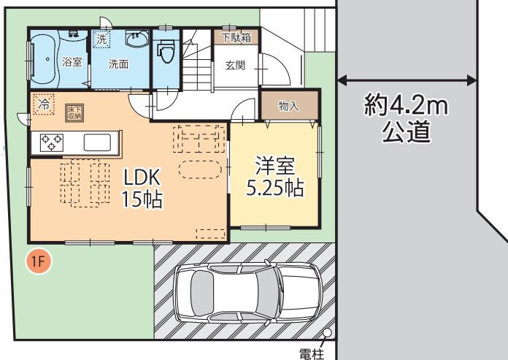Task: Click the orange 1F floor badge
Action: pos(39,261)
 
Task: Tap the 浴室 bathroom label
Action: pos(72,61)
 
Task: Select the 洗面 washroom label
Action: pos(118,64)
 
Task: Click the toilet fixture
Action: pos(166,50)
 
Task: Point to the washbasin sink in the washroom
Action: pos(136,39)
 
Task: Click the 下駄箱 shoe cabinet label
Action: pos(236,37)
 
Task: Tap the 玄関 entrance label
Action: pos(235,66)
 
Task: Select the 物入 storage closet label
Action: pos(288,106)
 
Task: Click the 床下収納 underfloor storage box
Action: pos(74,112)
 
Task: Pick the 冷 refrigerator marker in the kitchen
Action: pos(44,104)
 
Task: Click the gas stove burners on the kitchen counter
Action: pos(52,142)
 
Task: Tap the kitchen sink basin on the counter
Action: pos(97,142)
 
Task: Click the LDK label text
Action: pos(142,177)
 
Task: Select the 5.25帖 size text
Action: pos(275,188)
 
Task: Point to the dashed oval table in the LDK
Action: pos(200,169)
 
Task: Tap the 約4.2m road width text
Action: pos(407,104)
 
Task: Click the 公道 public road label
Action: pos(407,131)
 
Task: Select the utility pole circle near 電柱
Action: pos(328,333)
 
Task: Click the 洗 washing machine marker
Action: pos(101,39)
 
